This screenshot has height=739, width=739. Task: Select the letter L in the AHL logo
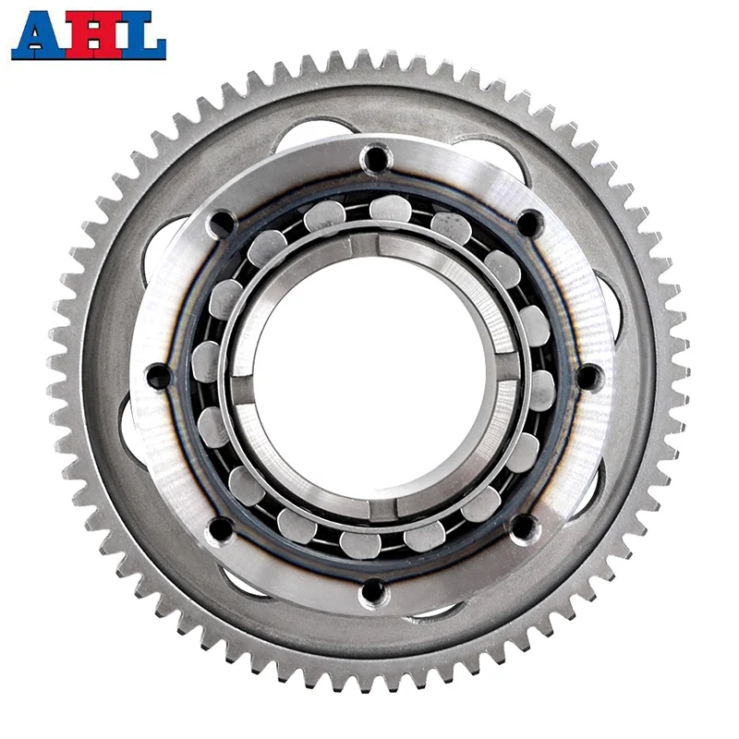point(141,35)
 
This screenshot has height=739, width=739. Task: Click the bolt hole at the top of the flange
point(375,160)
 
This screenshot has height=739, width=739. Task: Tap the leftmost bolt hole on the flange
point(158,376)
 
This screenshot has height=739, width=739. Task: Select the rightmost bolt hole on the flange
point(588,376)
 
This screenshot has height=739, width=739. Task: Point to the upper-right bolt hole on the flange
point(527,223)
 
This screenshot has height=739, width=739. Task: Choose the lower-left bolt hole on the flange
point(220,529)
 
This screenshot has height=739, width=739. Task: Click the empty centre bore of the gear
point(373,374)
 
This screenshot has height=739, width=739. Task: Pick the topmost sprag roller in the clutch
point(388,209)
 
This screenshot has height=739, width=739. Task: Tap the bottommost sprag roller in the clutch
point(359,544)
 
